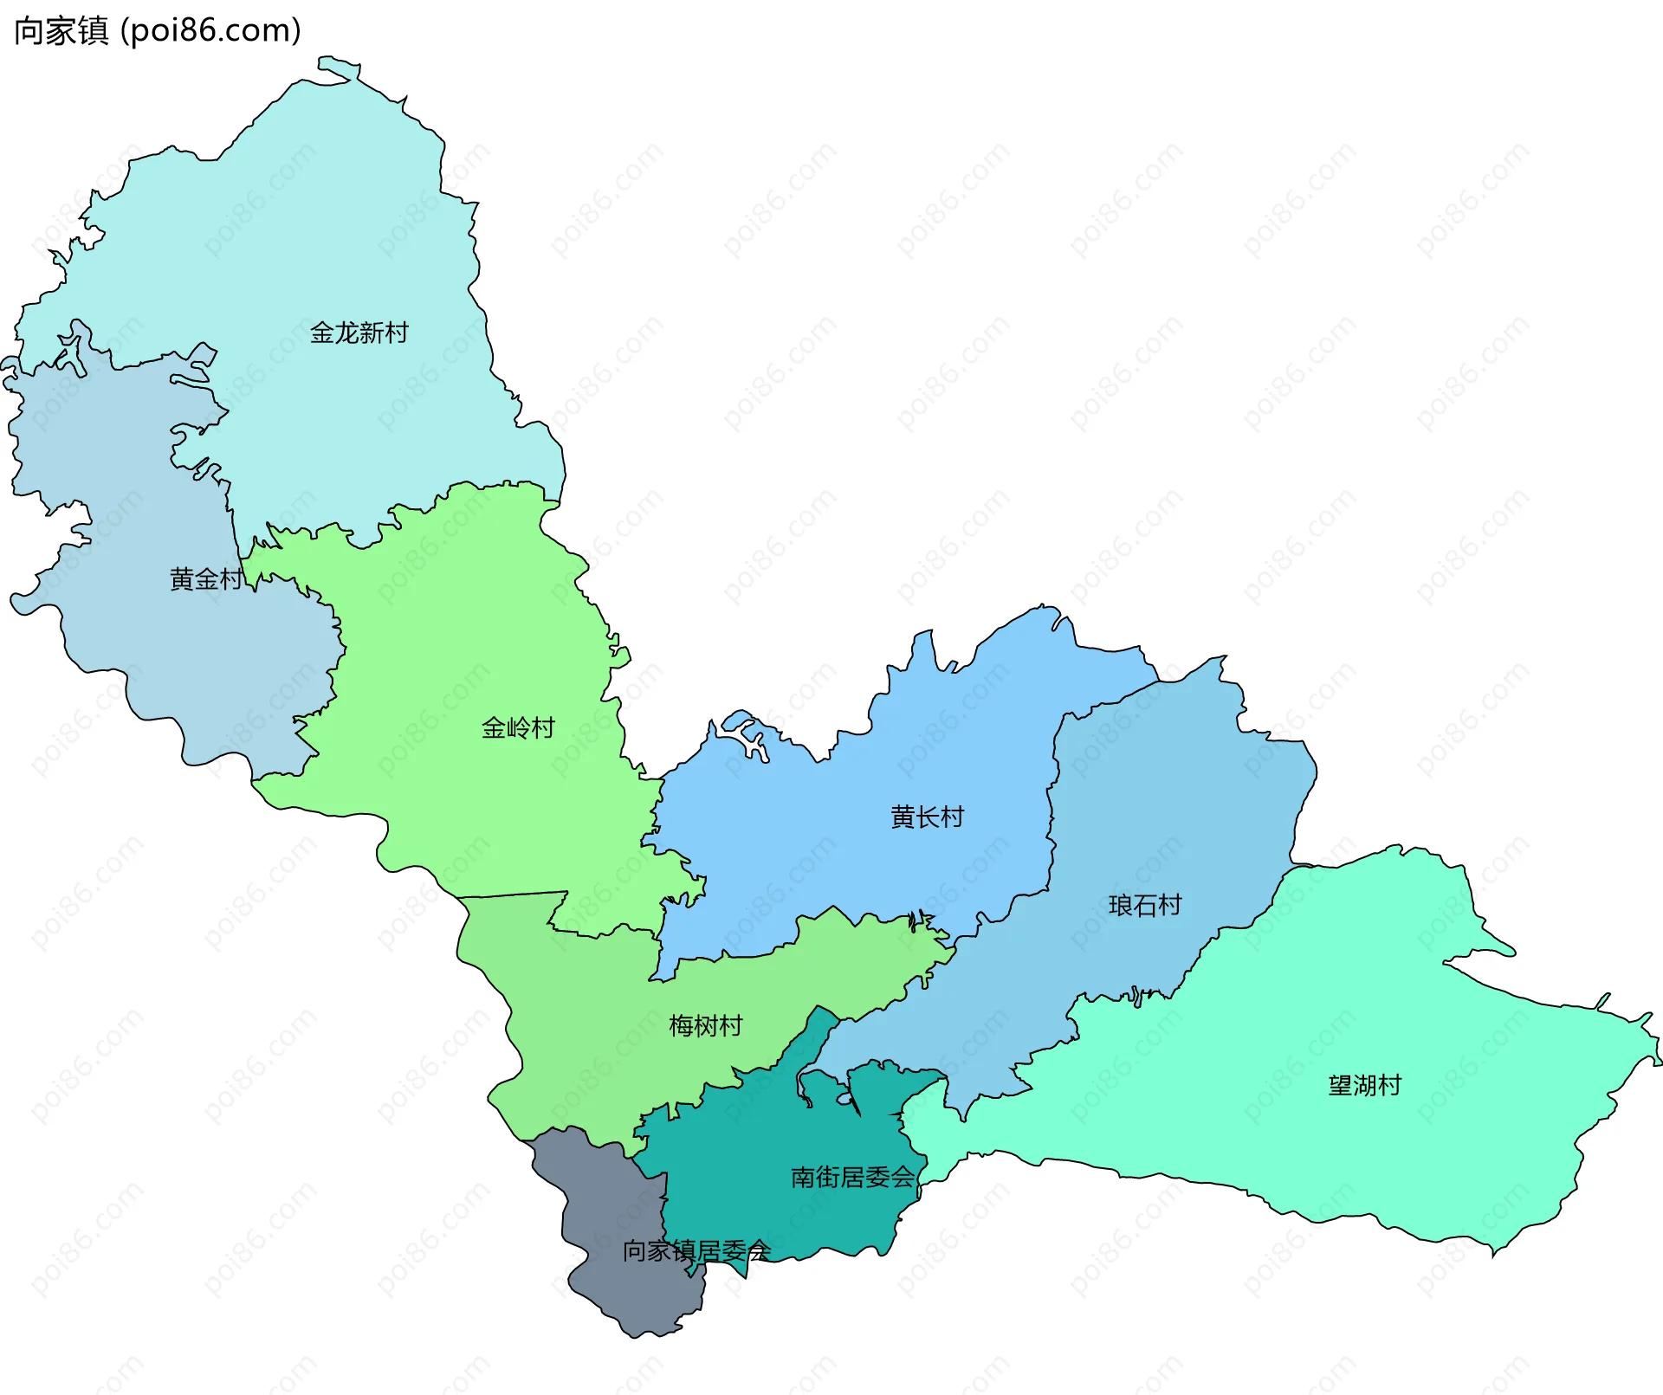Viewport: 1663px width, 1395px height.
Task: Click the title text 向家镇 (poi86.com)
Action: click(x=157, y=30)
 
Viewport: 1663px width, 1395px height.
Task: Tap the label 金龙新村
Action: click(x=359, y=333)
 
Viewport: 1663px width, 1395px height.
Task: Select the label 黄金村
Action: click(x=205, y=578)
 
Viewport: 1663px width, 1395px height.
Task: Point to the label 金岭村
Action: click(x=517, y=727)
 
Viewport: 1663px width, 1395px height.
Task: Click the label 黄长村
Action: click(x=927, y=817)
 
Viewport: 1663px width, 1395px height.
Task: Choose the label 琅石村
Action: click(x=1145, y=905)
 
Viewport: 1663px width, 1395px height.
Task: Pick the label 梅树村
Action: click(x=705, y=1025)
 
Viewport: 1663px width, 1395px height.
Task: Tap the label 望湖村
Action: click(x=1364, y=1085)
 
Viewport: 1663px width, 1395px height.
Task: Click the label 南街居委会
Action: click(x=852, y=1177)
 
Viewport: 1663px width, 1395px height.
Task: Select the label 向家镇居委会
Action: click(x=696, y=1250)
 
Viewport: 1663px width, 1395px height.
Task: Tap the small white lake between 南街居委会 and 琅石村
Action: click(x=844, y=1099)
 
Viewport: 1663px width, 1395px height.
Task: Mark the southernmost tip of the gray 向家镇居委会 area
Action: click(x=637, y=1336)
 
